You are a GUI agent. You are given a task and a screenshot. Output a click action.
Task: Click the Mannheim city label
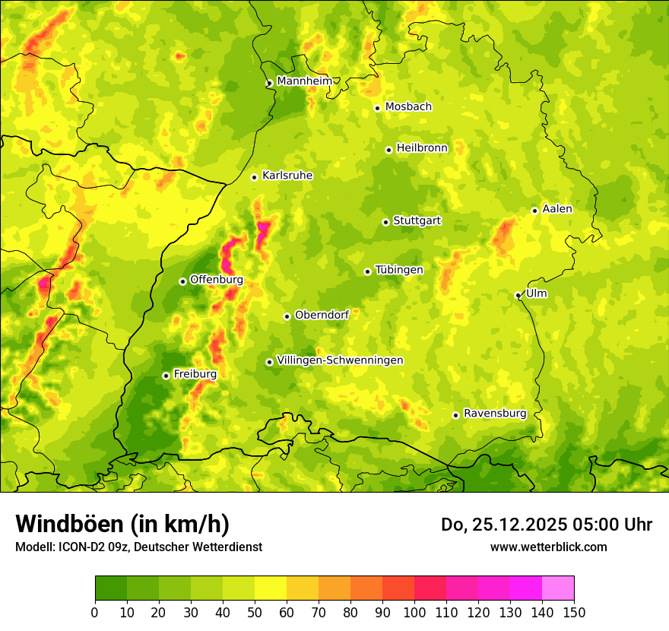(x=304, y=81)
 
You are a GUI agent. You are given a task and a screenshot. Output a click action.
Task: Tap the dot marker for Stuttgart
(x=385, y=222)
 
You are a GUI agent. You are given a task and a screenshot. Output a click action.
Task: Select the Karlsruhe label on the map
(x=287, y=176)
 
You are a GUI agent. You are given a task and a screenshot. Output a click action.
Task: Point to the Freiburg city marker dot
(x=166, y=376)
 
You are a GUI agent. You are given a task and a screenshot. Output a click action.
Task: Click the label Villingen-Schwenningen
(x=340, y=360)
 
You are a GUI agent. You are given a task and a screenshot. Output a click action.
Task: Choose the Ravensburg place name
(x=494, y=414)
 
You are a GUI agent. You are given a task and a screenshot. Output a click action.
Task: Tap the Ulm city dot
(x=518, y=295)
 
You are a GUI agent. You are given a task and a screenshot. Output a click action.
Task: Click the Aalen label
(x=556, y=209)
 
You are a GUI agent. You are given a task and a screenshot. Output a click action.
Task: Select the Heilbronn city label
(x=422, y=148)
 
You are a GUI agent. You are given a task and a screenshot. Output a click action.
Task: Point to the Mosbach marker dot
(x=377, y=108)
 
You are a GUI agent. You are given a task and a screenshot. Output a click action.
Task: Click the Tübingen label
(x=398, y=270)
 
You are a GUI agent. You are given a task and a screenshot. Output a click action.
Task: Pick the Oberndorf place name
(x=322, y=315)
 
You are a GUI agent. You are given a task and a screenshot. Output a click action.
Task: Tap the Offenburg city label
(x=216, y=280)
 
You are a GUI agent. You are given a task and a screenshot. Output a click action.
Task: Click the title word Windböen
(x=68, y=524)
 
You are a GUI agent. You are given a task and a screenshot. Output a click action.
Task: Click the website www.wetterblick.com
(x=548, y=547)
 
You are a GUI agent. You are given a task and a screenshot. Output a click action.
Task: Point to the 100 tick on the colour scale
(x=414, y=611)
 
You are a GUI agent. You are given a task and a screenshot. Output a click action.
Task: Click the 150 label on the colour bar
(x=573, y=611)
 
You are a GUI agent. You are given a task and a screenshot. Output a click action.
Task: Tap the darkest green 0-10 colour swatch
(x=111, y=588)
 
